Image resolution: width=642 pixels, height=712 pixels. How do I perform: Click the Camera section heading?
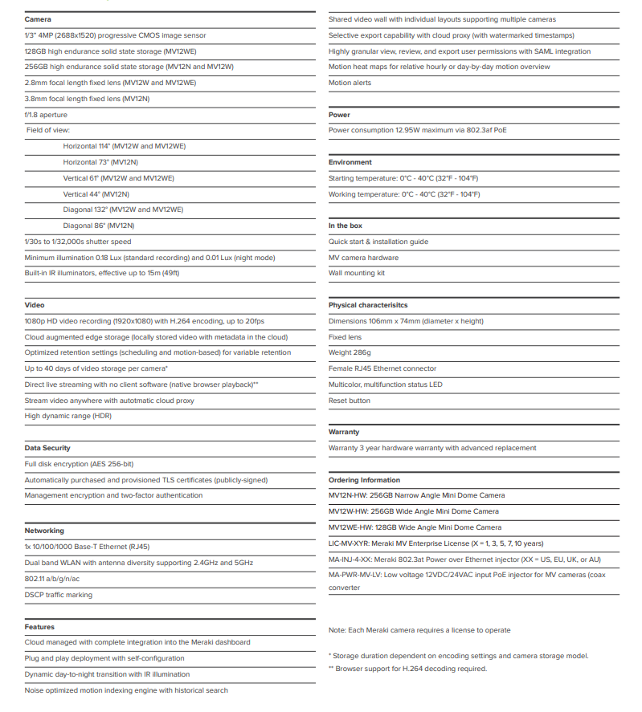point(38,19)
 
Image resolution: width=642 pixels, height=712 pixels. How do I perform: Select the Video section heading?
point(35,305)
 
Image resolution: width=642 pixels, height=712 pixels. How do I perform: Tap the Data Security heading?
point(47,448)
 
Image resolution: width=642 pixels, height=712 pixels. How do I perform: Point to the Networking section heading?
point(44,531)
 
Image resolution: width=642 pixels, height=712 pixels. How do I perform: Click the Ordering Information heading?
point(364,480)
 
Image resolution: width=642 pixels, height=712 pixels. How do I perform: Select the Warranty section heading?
point(344,432)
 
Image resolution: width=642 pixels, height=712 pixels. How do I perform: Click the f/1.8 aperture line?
point(46,115)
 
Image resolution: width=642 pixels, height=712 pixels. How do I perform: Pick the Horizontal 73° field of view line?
point(100,162)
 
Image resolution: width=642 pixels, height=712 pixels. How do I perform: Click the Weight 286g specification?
point(350,352)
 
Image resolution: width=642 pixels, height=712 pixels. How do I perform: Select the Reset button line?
point(350,401)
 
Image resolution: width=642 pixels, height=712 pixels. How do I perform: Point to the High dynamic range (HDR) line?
point(67,417)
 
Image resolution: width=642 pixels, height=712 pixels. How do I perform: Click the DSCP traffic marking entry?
point(58,595)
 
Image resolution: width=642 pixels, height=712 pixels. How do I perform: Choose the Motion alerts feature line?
point(350,83)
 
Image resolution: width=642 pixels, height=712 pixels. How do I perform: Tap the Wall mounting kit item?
point(357,273)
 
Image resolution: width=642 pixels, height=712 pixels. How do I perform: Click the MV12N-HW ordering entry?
point(416,495)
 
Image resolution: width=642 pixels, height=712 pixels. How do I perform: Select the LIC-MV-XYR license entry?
point(435,543)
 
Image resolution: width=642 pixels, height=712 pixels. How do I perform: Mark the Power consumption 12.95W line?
point(417,130)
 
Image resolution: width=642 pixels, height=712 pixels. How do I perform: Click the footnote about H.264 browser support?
point(407,669)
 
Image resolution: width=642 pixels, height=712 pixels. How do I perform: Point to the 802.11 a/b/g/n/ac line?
point(53,579)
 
